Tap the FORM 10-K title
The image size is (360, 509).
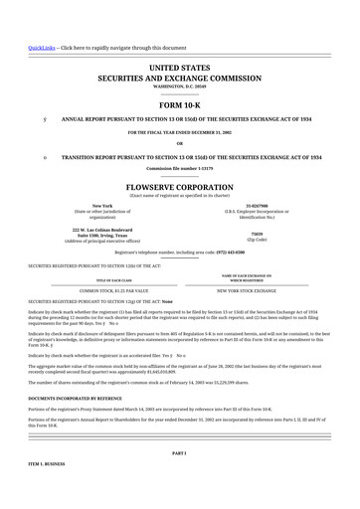179,103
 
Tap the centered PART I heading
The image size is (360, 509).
179,452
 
